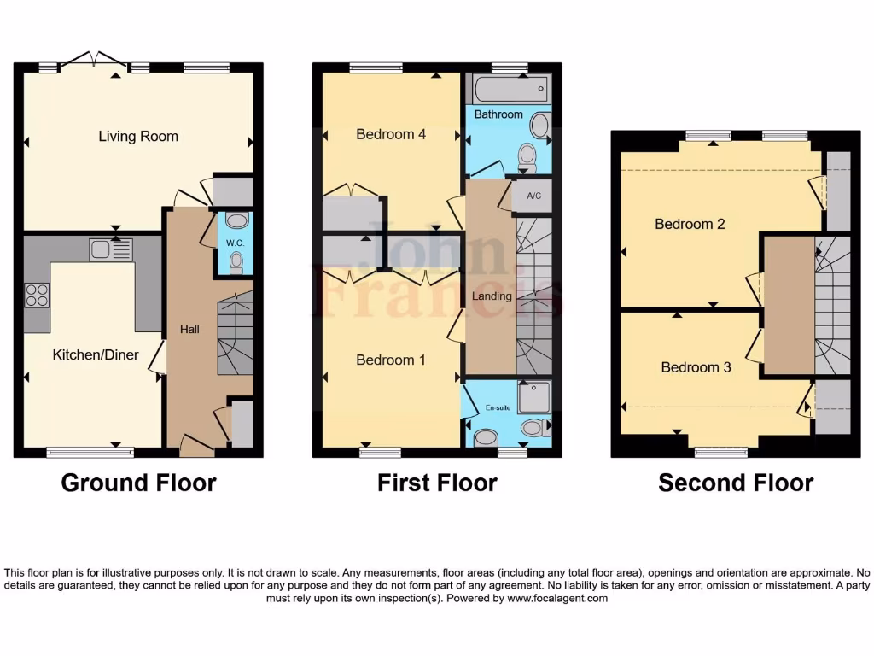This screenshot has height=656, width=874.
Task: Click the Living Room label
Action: tap(138, 136)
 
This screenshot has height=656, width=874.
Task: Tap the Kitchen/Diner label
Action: tap(96, 354)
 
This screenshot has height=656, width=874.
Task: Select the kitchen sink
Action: tap(110, 249)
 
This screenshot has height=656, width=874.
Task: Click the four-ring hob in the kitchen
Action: tap(37, 295)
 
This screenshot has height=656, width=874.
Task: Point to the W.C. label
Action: tap(236, 242)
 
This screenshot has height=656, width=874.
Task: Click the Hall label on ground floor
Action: tap(189, 328)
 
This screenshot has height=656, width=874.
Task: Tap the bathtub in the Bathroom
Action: tap(508, 88)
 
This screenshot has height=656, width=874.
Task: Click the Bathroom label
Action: tap(498, 114)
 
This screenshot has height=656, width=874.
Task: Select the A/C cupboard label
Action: tap(534, 196)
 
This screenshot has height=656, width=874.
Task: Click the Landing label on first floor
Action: tap(492, 296)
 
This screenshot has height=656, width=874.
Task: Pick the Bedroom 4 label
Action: tap(391, 134)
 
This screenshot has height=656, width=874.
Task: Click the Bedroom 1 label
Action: tap(391, 360)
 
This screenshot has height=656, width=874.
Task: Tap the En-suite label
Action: tap(498, 408)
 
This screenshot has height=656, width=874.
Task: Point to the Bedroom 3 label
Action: tap(696, 367)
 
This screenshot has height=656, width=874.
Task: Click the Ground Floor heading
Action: tap(138, 483)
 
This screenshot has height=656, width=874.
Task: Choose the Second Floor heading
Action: tap(735, 483)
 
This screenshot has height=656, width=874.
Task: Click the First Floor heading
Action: tap(437, 483)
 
